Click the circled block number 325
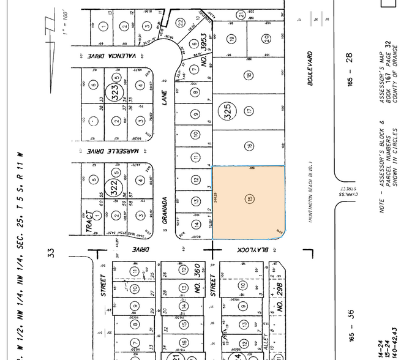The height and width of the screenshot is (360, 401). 226,112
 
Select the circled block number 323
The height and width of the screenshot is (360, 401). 113,92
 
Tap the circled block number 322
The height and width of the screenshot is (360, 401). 112,186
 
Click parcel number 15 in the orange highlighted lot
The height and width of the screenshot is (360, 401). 249,200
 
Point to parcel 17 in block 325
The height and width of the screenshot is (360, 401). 249,111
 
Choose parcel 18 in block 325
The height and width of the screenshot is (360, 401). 249,76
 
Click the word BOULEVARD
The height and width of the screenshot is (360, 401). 310,69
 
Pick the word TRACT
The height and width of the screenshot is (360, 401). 89,222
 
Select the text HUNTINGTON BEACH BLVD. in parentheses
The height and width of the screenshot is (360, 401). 310,193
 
